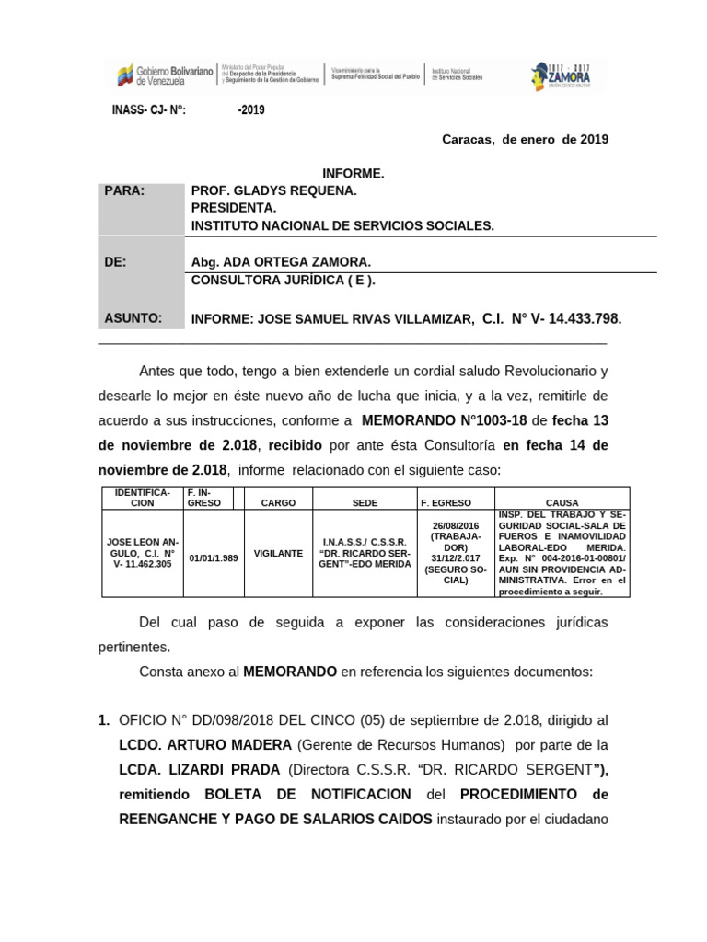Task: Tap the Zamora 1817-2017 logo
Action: tap(561, 76)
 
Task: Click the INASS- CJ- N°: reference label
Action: tap(149, 110)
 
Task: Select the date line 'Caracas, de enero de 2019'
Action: tap(525, 140)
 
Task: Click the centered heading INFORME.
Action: tap(353, 174)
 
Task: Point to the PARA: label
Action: tap(125, 190)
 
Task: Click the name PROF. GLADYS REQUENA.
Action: tap(272, 190)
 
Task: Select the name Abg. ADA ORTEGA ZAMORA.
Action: tap(280, 261)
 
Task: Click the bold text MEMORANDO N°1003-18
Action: tap(444, 420)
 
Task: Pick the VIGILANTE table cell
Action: tap(278, 554)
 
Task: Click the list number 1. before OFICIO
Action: tap(104, 719)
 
